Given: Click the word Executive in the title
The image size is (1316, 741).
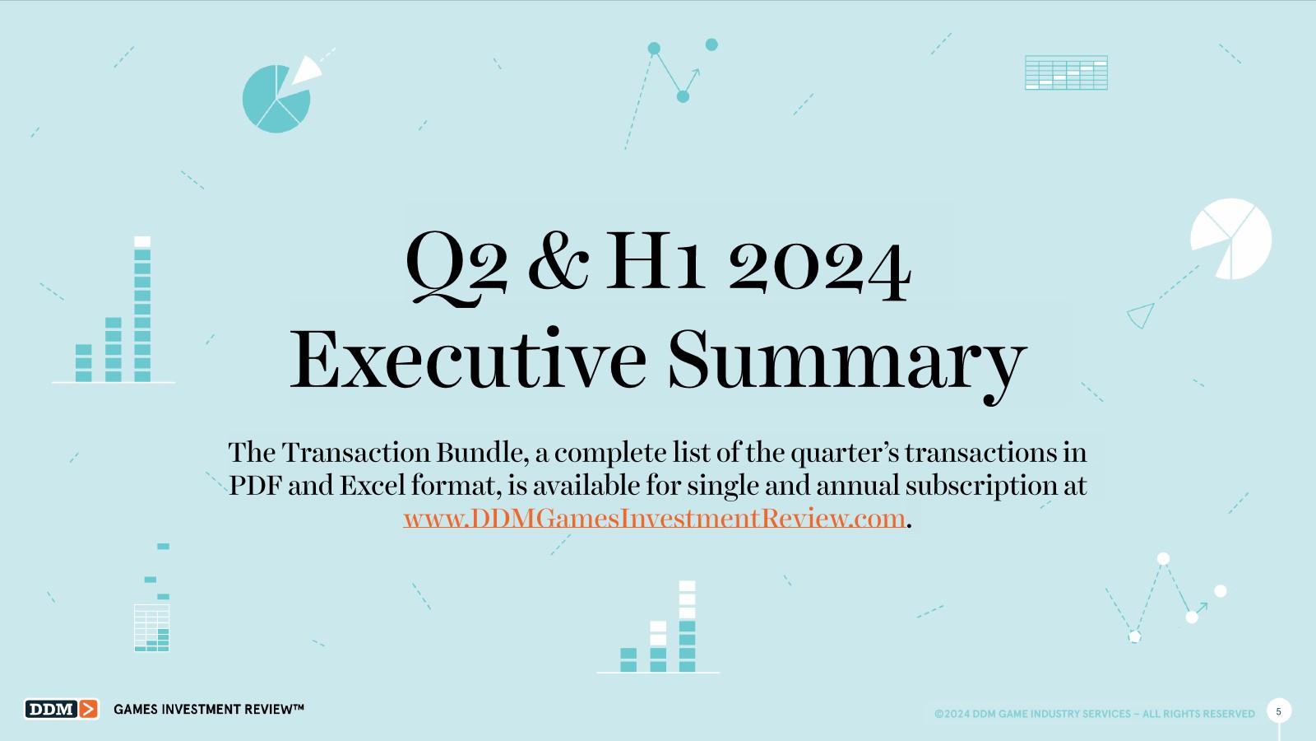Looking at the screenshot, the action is coord(468,359).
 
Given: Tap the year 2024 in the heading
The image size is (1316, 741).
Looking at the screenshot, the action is coord(820,268).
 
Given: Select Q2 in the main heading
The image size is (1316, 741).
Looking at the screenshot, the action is coord(456,268).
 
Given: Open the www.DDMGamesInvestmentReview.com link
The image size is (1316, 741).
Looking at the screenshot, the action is coord(654,519).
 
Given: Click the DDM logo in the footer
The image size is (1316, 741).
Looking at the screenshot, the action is coord(61,709).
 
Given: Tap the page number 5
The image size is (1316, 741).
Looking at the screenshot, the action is coord(1278,711).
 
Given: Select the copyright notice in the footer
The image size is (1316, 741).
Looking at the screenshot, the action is coord(1095,713).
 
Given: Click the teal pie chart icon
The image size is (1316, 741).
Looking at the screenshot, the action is coord(276,99).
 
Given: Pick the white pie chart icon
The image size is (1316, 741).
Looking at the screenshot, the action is coord(1231,239).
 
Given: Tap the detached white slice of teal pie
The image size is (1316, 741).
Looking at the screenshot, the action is coord(306,70).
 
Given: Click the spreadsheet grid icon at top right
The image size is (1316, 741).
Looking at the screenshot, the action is coord(1066,72).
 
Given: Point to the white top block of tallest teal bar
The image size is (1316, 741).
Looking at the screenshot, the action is coord(142,242).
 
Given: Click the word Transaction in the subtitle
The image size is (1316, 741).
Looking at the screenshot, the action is coord(356,453).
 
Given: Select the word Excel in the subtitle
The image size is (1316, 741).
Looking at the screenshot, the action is coord(373,486).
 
